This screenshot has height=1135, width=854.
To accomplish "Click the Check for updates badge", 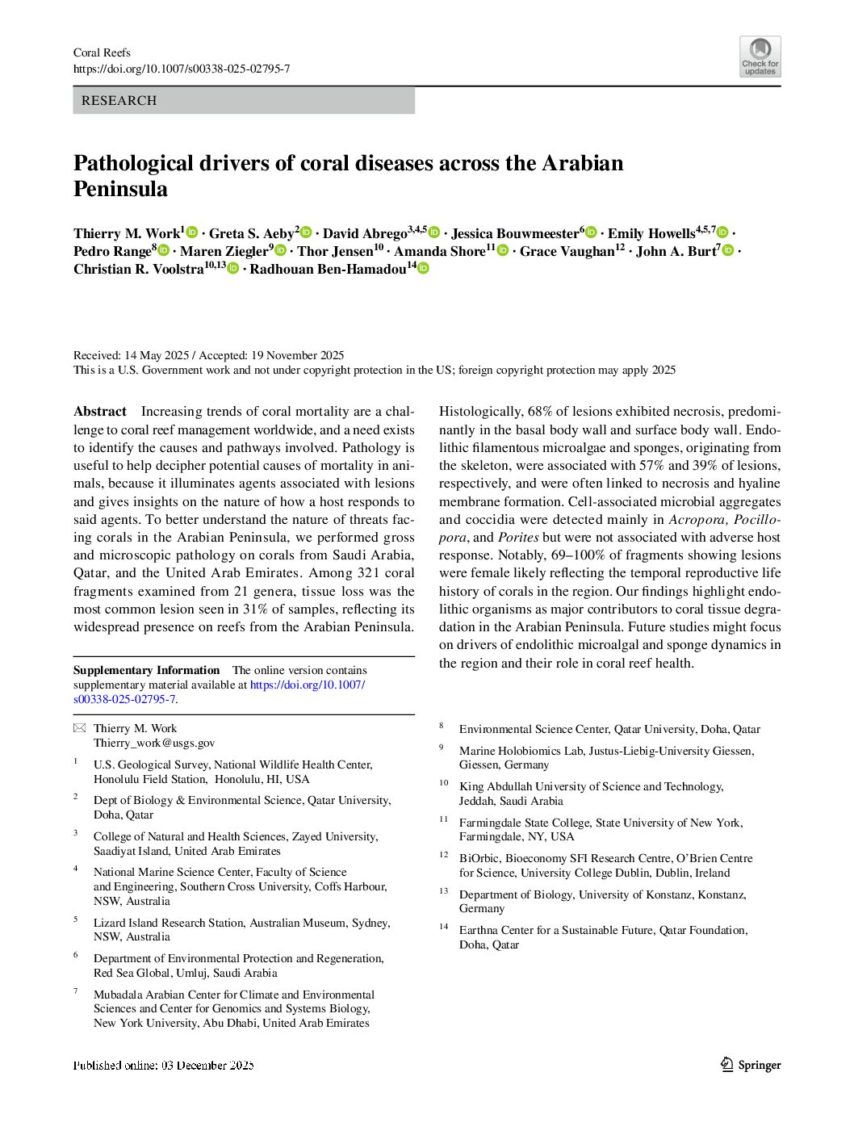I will (x=760, y=57).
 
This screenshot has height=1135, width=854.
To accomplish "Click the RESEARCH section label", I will (x=119, y=101).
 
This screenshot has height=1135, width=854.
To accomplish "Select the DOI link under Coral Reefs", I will (x=182, y=69).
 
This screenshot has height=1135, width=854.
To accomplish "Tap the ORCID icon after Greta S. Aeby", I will (x=306, y=232).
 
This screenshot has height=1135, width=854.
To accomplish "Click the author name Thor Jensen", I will (x=335, y=251).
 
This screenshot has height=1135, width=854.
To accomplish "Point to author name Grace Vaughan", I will (x=567, y=251).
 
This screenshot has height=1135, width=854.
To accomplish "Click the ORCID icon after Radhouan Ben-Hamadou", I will (x=423, y=268).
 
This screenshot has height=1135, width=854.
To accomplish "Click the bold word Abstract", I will (x=100, y=412).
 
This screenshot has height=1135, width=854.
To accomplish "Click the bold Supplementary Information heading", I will (x=146, y=670).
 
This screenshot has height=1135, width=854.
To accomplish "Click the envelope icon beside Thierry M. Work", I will (x=79, y=728).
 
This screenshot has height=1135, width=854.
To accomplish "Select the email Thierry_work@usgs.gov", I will (x=154, y=743).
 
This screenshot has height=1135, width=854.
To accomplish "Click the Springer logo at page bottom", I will (x=750, y=1065).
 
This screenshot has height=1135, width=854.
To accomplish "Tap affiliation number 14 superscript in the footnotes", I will (x=444, y=927).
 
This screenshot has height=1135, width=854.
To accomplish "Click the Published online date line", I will (x=164, y=1065).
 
